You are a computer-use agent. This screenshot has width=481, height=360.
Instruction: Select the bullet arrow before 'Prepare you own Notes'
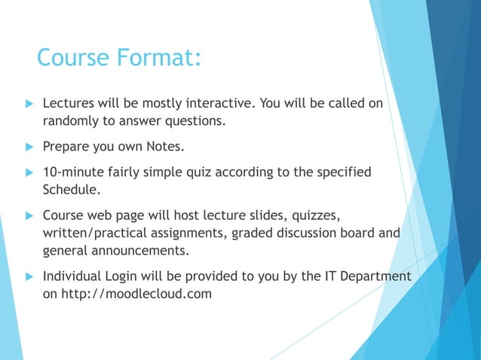[x=29, y=145]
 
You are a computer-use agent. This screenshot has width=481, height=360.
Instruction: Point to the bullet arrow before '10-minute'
[x=29, y=172]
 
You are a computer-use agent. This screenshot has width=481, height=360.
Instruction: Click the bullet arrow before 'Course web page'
[x=29, y=216]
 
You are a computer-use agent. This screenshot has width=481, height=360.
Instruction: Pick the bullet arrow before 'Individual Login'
[x=29, y=276]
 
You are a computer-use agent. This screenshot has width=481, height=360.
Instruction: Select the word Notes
[x=165, y=145]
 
